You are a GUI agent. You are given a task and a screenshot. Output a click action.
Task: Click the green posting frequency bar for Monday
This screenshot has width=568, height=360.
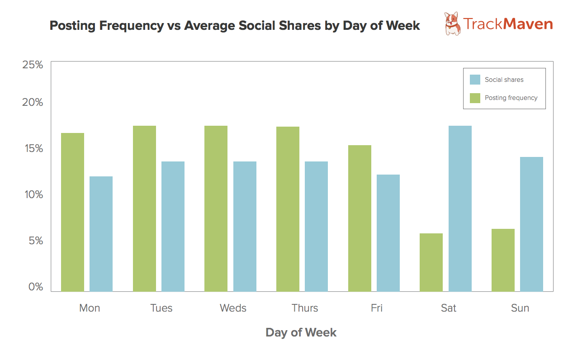pyautogui.click(x=72, y=212)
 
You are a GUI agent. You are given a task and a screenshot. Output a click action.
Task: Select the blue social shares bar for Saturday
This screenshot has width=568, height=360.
pyautogui.click(x=460, y=208)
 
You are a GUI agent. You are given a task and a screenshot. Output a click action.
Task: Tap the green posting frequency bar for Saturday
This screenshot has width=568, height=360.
pyautogui.click(x=431, y=262)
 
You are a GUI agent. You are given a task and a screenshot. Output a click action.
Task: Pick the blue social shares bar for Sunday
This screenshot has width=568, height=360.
pyautogui.click(x=531, y=224)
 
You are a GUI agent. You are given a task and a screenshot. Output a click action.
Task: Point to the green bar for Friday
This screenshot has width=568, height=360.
pyautogui.click(x=360, y=218)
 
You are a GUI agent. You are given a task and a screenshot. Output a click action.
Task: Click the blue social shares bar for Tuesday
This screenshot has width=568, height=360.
pyautogui.click(x=173, y=226)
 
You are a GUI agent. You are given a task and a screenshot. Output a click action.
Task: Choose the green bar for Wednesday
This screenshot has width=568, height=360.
pyautogui.click(x=216, y=208)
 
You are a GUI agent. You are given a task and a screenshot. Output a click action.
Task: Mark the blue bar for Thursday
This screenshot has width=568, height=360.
pyautogui.click(x=316, y=226)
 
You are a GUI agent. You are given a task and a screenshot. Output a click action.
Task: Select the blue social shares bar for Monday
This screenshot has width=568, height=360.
pyautogui.click(x=101, y=234)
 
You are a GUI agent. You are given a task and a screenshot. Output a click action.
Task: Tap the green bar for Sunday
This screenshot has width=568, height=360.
pyautogui.click(x=503, y=260)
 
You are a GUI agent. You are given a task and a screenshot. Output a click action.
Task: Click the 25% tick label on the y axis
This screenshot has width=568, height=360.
pyautogui.click(x=33, y=65)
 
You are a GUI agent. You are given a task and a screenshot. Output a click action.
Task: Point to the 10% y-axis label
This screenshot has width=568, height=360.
pyautogui.click(x=33, y=195)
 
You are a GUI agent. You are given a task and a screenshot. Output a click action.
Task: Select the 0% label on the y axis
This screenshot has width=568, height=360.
pyautogui.click(x=35, y=287)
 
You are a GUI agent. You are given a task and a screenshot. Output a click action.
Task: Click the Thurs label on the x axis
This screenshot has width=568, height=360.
pyautogui.click(x=305, y=308)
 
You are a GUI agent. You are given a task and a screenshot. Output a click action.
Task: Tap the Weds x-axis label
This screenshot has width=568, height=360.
pyautogui.click(x=233, y=308)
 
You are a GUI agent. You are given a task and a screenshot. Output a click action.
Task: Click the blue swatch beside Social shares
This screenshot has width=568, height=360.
pyautogui.click(x=475, y=80)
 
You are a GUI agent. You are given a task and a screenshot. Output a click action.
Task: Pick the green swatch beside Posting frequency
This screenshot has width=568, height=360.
pyautogui.click(x=475, y=98)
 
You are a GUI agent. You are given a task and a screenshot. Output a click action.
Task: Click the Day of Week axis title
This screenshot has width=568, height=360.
pyautogui.click(x=301, y=333)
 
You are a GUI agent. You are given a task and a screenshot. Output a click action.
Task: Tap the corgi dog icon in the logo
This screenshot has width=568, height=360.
pyautogui.click(x=452, y=24)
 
